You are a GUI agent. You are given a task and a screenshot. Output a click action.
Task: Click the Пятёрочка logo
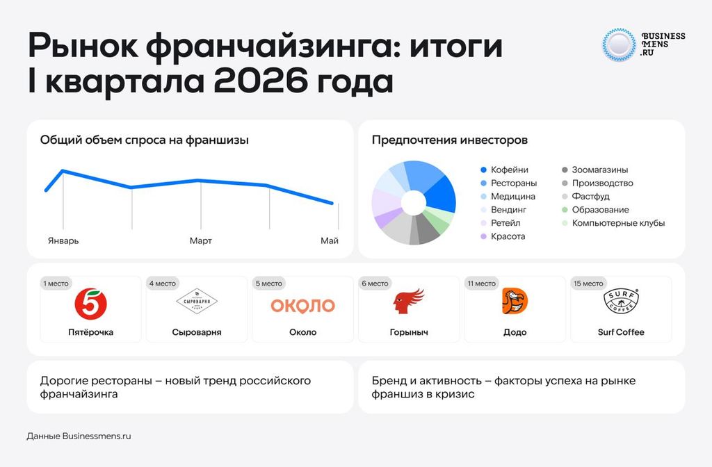pyautogui.click(x=91, y=303)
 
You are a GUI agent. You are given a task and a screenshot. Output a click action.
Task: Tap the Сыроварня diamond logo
pyautogui.click(x=197, y=301)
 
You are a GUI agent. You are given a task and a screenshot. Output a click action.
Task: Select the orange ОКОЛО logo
pyautogui.click(x=303, y=306)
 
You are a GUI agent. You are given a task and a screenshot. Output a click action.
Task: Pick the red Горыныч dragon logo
pyautogui.click(x=409, y=302)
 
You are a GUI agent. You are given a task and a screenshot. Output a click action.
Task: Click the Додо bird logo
pyautogui.click(x=515, y=301)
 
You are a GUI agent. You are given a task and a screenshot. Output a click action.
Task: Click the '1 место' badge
pyautogui.click(x=56, y=284)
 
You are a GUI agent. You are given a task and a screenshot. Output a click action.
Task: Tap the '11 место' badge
pyautogui.click(x=482, y=284)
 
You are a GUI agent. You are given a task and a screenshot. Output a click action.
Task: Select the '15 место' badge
pyautogui.click(x=588, y=284)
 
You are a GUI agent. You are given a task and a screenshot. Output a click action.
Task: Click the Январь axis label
pyautogui.click(x=63, y=240)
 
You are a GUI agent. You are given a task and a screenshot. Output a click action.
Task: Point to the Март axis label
pyautogui.click(x=201, y=240)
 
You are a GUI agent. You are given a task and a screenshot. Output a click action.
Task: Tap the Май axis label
pyautogui.click(x=330, y=240)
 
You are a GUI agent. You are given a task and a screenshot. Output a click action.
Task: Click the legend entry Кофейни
pyautogui.click(x=505, y=170)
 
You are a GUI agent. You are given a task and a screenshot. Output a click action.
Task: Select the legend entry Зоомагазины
pyautogui.click(x=595, y=170)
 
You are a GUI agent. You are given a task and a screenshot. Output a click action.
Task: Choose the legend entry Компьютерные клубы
pyautogui.click(x=613, y=223)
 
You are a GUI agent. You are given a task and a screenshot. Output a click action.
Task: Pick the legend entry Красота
pyautogui.click(x=503, y=236)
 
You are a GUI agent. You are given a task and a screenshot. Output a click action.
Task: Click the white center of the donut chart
pyautogui.click(x=414, y=202)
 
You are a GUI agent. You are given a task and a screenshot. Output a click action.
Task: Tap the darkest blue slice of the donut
pyautogui.click(x=440, y=195)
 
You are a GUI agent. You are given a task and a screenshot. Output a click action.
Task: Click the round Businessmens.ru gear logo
pyautogui.click(x=619, y=44)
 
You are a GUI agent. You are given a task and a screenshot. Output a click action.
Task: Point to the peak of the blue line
pyautogui.click(x=63, y=171)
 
